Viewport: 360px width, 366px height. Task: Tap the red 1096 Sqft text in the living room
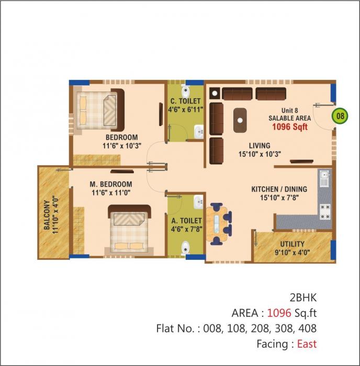click(289, 127)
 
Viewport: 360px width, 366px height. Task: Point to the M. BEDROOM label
click(111, 185)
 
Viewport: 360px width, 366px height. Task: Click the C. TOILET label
click(185, 101)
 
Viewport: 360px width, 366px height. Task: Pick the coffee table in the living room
click(240, 119)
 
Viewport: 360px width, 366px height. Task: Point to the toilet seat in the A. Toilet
click(185, 246)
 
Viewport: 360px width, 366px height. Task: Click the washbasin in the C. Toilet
click(198, 131)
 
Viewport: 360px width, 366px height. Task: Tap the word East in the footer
click(307, 344)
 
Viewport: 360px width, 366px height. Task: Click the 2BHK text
click(303, 298)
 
